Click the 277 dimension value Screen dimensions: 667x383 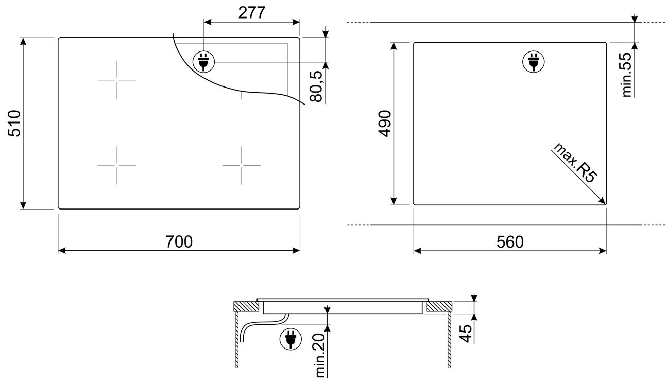pos(252,13)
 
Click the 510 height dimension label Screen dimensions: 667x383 pos(14,124)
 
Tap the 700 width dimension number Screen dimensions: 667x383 pos(179,241)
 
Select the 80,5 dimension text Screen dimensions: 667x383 pos(316,86)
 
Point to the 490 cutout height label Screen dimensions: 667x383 pos(385,124)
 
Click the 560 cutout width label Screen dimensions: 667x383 pos(510,242)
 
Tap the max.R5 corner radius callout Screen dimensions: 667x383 pos(575,163)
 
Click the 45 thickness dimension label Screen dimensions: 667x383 pos(466,333)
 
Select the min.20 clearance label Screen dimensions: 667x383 pos(320,356)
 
